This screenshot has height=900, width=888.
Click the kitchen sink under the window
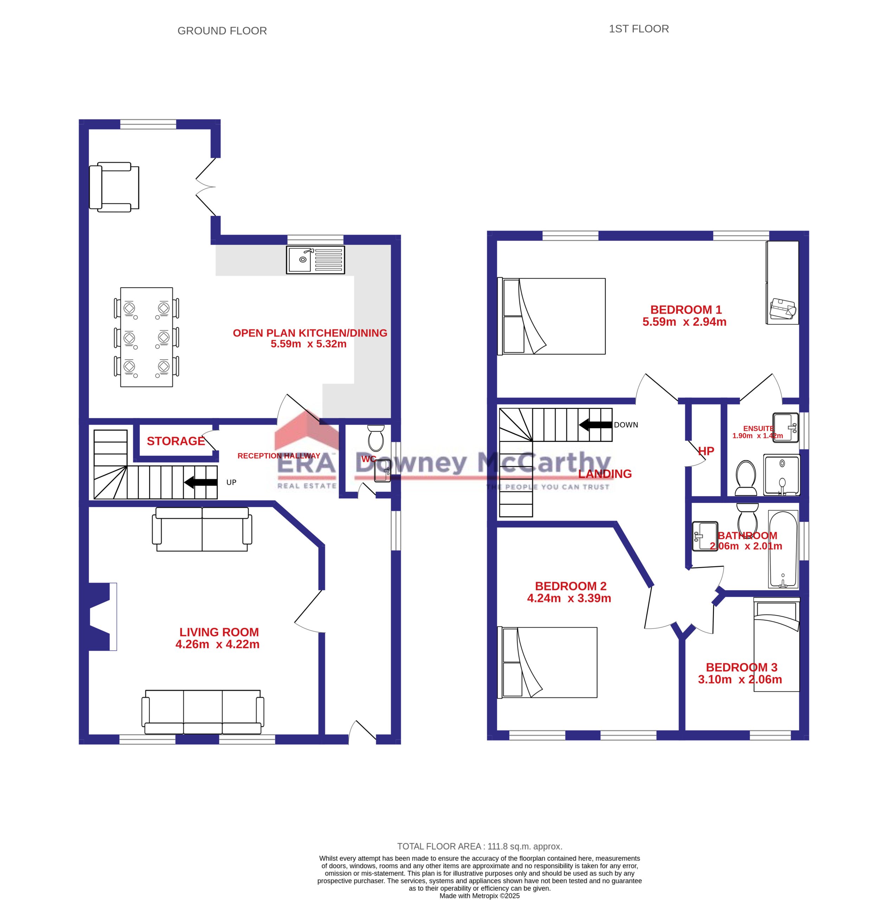pos(315,259)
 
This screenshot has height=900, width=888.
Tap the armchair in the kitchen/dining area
pos(114,187)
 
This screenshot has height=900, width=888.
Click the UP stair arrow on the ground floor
pos(201,482)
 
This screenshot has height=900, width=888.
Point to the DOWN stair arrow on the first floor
pos(595,425)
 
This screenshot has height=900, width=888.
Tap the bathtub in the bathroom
pos(783,550)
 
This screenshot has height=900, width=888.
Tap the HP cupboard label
pos(706,451)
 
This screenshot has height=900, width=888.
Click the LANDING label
pos(605,474)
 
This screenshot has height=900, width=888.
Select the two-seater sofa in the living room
pos(202,529)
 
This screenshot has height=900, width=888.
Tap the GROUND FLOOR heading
pos(222,31)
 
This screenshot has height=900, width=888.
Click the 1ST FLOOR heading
pos(639,29)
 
